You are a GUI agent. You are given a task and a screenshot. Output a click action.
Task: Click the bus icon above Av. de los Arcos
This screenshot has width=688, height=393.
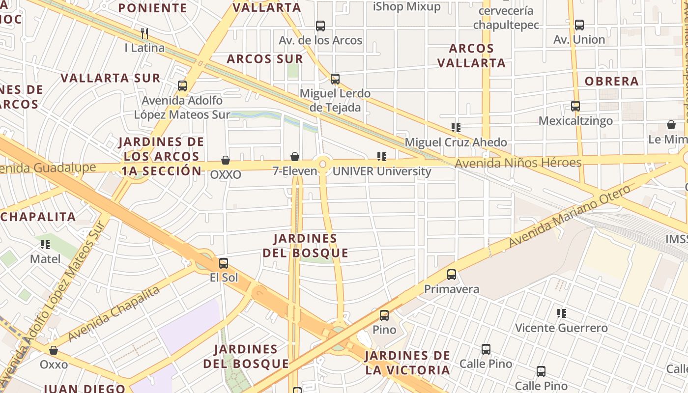(x=320, y=26)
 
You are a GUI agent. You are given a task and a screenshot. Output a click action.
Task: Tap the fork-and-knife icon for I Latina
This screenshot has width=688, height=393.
(x=144, y=33)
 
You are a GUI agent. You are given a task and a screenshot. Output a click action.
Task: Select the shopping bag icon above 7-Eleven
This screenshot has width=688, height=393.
(x=295, y=157)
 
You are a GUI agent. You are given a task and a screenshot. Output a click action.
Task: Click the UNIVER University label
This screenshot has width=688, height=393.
(x=382, y=171)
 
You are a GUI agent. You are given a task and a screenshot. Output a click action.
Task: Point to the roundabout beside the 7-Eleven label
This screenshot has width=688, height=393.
(x=323, y=165)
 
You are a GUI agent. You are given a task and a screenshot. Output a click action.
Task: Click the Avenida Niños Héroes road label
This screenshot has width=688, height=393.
(x=518, y=163)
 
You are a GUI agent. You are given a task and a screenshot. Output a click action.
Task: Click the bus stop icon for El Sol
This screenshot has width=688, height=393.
(x=224, y=263)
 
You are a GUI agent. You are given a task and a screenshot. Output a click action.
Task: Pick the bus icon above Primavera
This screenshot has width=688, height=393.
(x=452, y=275)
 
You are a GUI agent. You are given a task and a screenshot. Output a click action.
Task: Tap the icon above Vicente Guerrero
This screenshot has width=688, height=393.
(x=561, y=313)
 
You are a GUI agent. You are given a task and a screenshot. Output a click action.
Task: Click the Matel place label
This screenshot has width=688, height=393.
(x=45, y=259)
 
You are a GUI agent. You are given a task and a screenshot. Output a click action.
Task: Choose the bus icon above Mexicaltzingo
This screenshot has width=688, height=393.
(x=575, y=106)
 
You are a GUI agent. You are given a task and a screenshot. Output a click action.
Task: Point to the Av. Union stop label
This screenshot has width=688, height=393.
(x=579, y=40)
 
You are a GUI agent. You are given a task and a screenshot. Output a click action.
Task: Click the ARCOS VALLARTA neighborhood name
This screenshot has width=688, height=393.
(x=471, y=56)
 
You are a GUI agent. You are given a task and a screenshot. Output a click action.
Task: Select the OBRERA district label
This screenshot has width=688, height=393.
(x=611, y=82)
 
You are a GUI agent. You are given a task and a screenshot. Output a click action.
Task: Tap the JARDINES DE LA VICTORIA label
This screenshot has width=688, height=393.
(x=407, y=363)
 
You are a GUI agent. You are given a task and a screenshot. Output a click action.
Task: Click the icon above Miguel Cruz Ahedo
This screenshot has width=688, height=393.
(x=456, y=128)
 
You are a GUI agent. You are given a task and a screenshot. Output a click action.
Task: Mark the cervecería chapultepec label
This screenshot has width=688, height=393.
(x=506, y=18)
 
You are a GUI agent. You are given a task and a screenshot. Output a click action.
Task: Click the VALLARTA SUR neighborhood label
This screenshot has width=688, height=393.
(x=110, y=78)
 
